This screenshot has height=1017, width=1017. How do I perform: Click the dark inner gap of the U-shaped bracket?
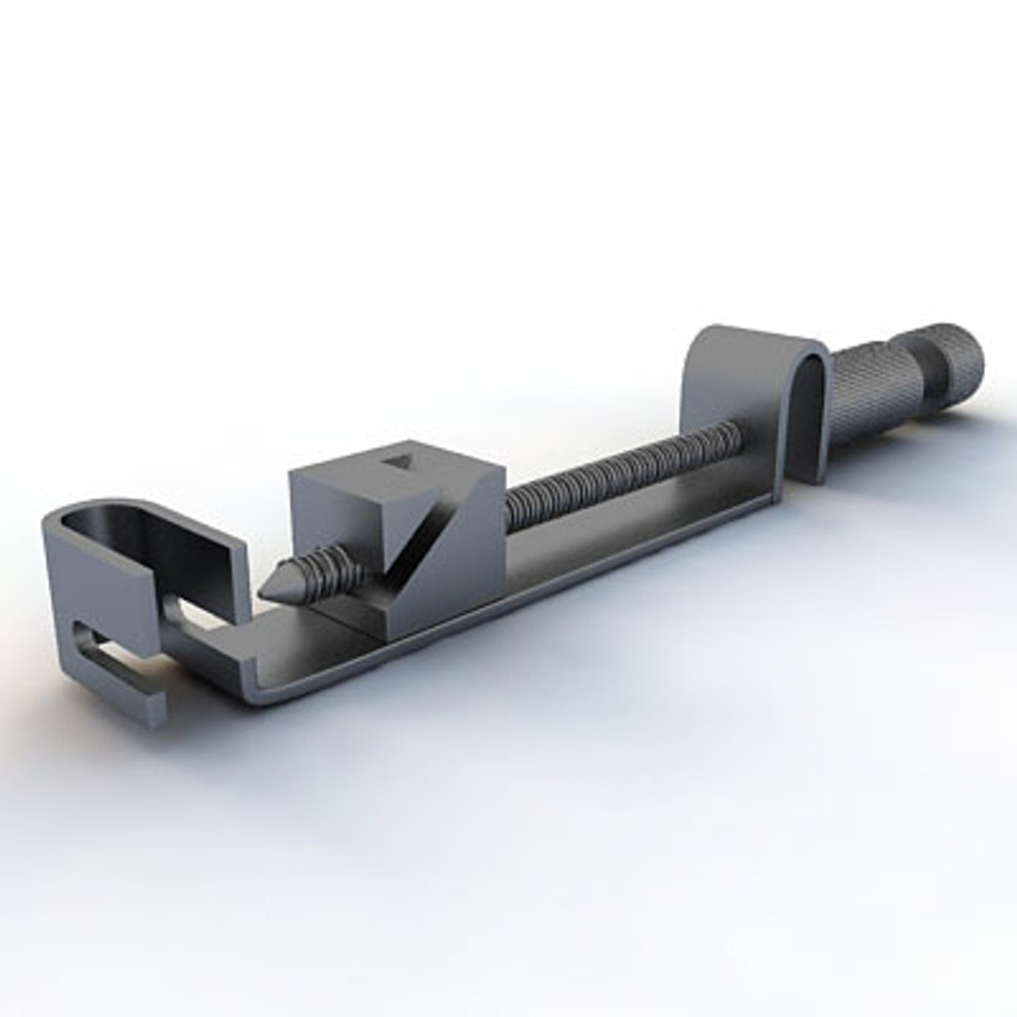click(808, 414)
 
